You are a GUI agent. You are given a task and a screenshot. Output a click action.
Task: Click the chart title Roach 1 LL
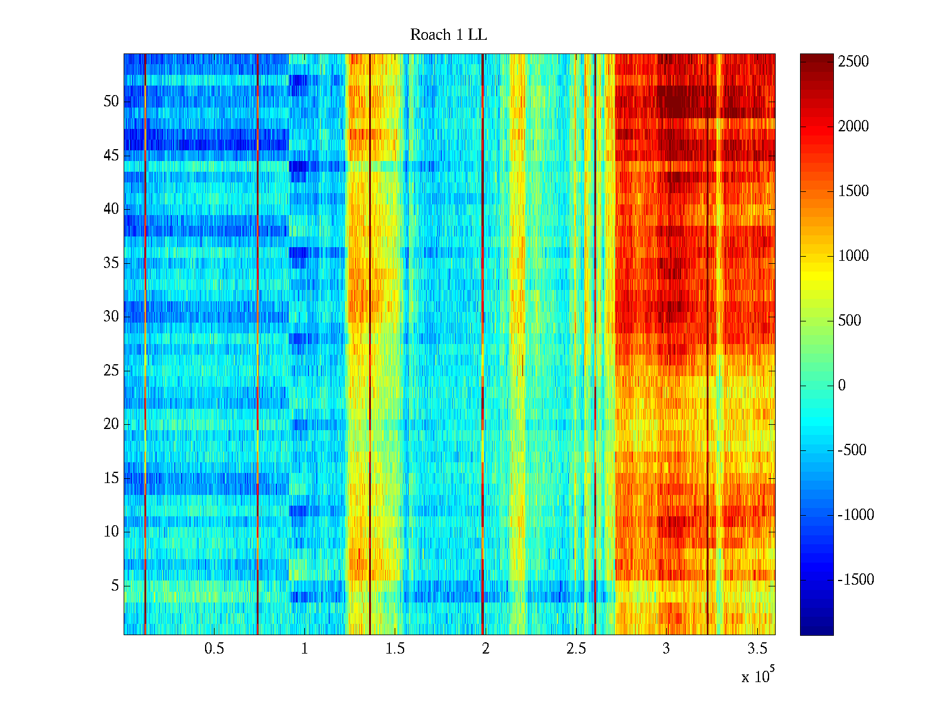point(448,35)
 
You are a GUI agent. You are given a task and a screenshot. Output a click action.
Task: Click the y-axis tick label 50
point(111,102)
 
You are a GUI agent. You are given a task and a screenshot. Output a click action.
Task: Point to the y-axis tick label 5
point(115,586)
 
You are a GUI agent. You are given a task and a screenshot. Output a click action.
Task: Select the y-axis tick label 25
point(111,371)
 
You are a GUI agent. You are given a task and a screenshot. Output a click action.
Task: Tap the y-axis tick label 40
point(111,209)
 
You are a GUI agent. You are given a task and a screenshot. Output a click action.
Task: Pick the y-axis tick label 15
point(111,478)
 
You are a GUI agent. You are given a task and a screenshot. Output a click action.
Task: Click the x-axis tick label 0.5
point(214,648)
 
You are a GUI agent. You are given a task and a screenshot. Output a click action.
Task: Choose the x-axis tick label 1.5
point(395,648)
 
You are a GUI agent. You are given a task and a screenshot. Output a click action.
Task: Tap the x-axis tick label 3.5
point(757,648)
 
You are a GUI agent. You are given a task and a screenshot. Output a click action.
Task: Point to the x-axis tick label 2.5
point(576,648)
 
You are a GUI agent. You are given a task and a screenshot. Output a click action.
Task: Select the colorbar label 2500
point(854,62)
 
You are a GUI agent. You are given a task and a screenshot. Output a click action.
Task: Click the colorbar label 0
point(842,386)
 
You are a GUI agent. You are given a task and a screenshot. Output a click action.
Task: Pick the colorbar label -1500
point(856,580)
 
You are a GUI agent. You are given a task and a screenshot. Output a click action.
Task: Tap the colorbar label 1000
point(854,256)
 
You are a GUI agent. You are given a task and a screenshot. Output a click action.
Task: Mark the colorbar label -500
point(852,450)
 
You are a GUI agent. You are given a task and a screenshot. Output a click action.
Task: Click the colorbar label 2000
point(854,127)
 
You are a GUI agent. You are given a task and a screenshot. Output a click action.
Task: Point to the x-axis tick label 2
point(486,648)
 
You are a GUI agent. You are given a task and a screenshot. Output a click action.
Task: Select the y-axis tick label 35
point(111,263)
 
